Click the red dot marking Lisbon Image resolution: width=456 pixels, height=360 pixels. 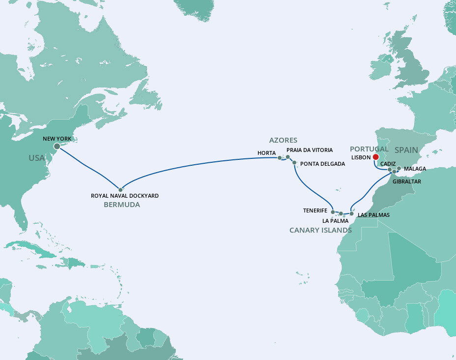pyautogui.click(x=376, y=157)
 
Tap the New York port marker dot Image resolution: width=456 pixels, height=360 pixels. pyautogui.click(x=57, y=146)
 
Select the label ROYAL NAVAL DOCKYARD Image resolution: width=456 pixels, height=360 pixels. pyautogui.click(x=125, y=196)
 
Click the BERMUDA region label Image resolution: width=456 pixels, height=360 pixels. pyautogui.click(x=121, y=205)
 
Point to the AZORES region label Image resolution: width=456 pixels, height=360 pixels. pyautogui.click(x=283, y=140)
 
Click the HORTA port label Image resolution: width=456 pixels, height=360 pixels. pyautogui.click(x=266, y=153)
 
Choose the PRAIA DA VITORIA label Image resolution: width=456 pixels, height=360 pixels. pyautogui.click(x=309, y=150)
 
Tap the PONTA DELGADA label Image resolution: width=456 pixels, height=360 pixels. pyautogui.click(x=322, y=164)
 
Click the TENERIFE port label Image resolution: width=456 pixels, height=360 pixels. pyautogui.click(x=315, y=210)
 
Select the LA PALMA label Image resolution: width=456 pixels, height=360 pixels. pyautogui.click(x=335, y=221)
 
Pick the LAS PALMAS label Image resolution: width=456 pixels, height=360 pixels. pyautogui.click(x=373, y=215)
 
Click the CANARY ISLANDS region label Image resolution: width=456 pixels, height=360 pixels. pyautogui.click(x=320, y=230)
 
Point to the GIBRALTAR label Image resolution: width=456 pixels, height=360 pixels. pyautogui.click(x=406, y=181)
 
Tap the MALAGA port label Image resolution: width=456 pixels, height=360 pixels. pyautogui.click(x=415, y=169)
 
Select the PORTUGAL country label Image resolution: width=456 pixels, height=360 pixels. pyautogui.click(x=369, y=149)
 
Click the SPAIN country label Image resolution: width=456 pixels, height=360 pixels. pyautogui.click(x=406, y=150)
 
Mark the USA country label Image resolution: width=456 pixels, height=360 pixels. pyautogui.click(x=36, y=158)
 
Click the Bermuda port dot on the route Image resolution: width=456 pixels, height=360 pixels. pyautogui.click(x=120, y=189)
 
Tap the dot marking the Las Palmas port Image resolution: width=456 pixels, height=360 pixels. pyautogui.click(x=352, y=213)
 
